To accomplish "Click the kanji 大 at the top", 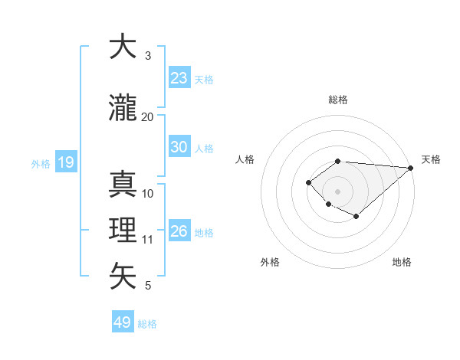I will click(123, 47).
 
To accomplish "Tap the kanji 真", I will click(123, 184).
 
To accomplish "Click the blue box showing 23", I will click(179, 78).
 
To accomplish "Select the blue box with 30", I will click(179, 147).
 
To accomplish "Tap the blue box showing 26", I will click(179, 231).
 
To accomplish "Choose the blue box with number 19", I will click(65, 162).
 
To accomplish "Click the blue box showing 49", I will click(123, 322).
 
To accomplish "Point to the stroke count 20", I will click(148, 116).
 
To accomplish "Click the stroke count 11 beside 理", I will click(148, 240).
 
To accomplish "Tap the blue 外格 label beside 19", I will click(41, 163).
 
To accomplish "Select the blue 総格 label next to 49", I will click(147, 323).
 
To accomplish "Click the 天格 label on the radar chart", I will click(431, 159).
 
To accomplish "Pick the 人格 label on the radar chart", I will click(245, 159).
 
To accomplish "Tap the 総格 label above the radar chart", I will click(338, 100).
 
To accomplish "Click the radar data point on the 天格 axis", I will click(411, 168).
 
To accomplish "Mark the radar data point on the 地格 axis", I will click(356, 217).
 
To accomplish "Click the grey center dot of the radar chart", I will click(337, 191).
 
